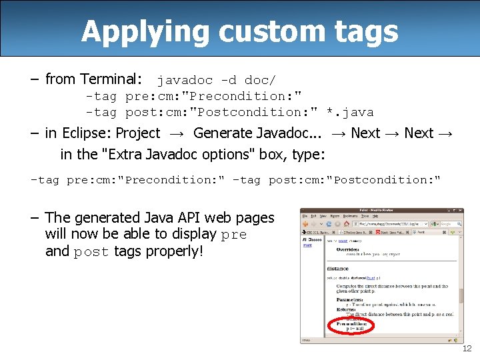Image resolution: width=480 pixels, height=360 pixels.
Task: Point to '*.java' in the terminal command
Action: coord(352,112)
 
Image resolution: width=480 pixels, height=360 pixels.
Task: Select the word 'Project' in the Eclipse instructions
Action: coord(138,133)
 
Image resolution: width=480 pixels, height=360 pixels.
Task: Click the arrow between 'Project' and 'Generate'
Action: coord(177,134)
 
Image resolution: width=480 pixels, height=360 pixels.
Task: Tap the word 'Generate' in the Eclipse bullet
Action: coord(225,133)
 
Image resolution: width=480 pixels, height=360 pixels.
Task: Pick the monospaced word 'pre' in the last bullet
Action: coord(234,235)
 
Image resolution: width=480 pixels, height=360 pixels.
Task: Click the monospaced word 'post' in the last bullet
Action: coord(91,252)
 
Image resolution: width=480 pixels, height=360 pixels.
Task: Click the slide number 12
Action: coord(467,349)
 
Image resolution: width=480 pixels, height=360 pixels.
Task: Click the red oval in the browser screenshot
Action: coord(351,325)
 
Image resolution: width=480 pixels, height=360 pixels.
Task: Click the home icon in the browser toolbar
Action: coord(347,224)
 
